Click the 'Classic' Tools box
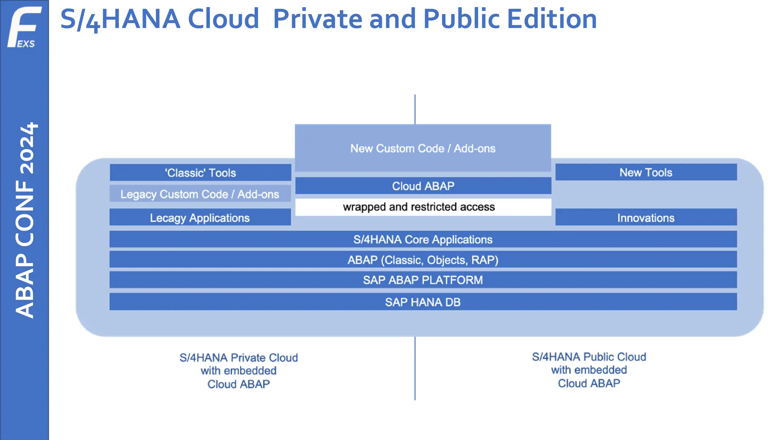[200, 173]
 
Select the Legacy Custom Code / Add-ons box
[200, 194]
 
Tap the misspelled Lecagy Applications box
[200, 218]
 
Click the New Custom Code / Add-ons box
[423, 148]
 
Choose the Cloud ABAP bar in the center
[423, 186]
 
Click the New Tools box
[646, 172]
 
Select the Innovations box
[646, 218]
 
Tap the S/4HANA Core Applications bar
[423, 239]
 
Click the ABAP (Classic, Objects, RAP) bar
[423, 260]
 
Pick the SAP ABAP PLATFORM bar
[423, 280]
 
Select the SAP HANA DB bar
[423, 302]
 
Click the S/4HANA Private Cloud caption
[239, 370]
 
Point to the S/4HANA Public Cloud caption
[589, 370]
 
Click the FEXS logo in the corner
[24, 27]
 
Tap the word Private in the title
[317, 19]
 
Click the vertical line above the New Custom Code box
[415, 109]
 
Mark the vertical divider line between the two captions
[415, 369]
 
